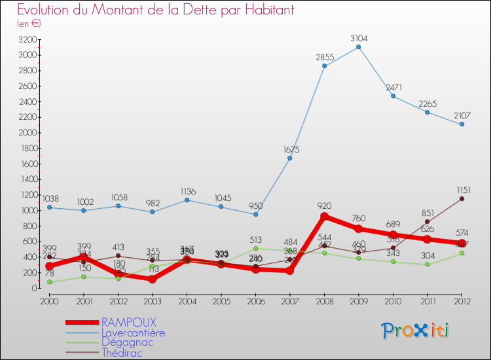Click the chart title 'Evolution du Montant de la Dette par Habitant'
point(156,10)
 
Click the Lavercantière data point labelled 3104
point(359,47)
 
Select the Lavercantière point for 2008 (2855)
point(324,66)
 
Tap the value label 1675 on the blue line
point(289,149)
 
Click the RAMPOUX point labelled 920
point(324,217)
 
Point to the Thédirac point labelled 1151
point(462,198)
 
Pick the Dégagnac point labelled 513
point(255,248)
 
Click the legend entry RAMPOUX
point(129,323)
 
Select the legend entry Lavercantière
point(133,333)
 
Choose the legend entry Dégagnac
point(128,342)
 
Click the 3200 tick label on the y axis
point(27,39)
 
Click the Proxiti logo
point(416,331)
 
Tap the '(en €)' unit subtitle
point(29,24)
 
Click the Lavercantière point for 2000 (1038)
point(49,207)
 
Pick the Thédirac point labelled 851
point(427,221)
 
